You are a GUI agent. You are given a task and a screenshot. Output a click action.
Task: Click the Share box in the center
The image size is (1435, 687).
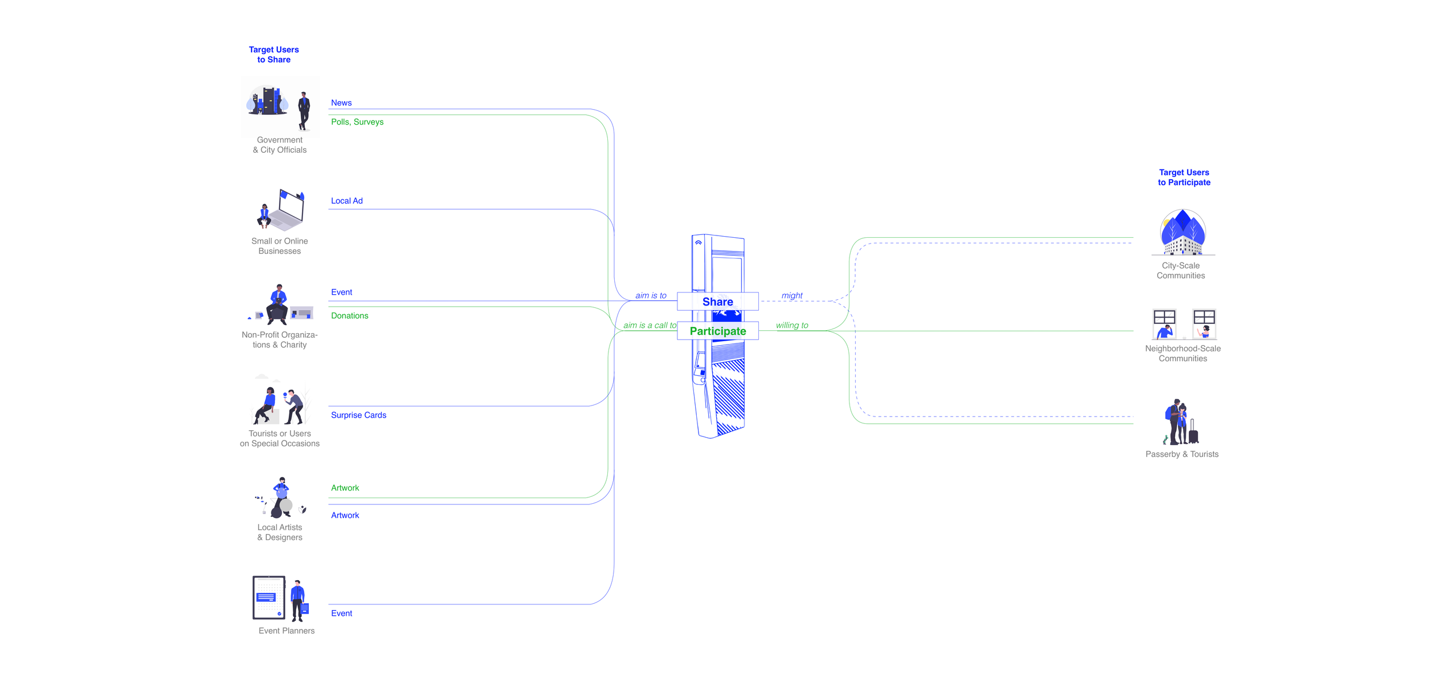717,302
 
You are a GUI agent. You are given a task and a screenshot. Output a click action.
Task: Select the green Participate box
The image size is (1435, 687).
717,331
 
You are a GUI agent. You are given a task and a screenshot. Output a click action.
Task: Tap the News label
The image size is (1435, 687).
341,103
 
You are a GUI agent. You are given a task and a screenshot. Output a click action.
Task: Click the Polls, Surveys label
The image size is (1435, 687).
357,122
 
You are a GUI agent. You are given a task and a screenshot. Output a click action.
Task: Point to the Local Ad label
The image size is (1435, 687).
347,201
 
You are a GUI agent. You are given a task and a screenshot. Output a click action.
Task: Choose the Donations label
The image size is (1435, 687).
350,316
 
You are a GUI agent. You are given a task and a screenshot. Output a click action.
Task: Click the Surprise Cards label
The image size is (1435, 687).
358,415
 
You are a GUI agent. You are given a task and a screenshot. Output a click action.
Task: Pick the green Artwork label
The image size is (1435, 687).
345,488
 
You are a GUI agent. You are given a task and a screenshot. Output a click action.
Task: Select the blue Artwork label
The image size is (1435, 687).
345,515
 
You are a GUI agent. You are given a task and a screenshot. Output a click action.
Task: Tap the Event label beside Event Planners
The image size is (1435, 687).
342,613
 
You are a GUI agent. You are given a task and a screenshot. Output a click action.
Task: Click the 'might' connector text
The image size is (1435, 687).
792,295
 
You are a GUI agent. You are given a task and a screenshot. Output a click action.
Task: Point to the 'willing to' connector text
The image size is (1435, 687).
792,325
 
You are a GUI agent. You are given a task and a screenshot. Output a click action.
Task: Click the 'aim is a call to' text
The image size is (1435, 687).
650,325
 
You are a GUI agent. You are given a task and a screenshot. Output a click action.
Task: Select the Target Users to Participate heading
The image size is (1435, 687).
1184,177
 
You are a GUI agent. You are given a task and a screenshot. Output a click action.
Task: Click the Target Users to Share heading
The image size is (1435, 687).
274,55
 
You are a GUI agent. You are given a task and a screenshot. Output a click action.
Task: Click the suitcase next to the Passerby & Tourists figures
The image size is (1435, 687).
1193,433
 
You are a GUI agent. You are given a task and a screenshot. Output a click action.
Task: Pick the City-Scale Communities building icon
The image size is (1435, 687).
1182,233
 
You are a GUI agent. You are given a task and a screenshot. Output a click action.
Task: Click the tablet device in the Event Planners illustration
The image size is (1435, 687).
269,597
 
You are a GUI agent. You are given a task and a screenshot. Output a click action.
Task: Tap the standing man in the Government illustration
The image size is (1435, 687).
304,110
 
